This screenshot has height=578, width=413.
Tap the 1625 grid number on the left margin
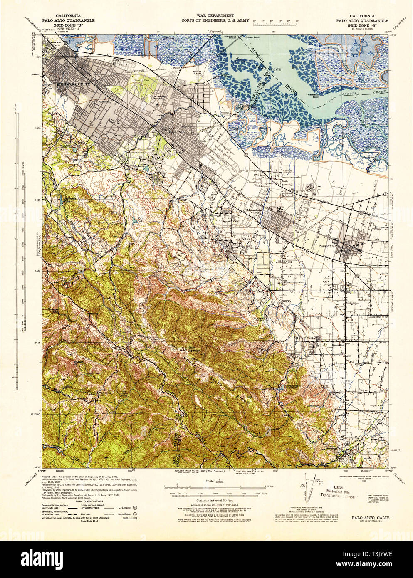(x=37, y=200)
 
